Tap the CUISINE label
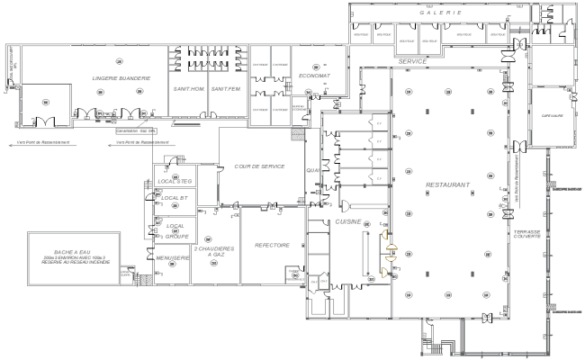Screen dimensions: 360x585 (348, 221)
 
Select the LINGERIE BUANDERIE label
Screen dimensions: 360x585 (120, 78)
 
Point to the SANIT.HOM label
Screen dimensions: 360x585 (185, 89)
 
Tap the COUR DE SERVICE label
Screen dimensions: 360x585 (259, 166)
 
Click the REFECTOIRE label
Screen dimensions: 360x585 (271, 245)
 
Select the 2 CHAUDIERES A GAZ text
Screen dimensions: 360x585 (214, 251)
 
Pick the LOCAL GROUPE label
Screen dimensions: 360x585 (175, 229)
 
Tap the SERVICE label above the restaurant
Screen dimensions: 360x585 (411, 60)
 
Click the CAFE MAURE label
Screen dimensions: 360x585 (545, 115)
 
